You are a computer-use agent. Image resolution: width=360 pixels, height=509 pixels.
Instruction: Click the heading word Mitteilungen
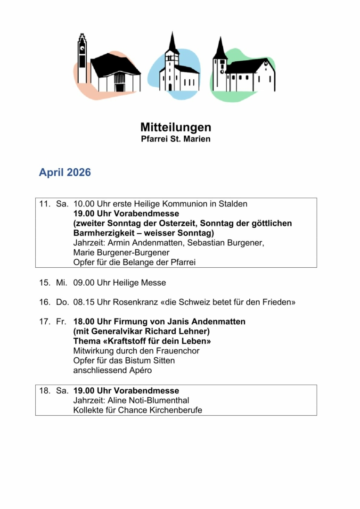[x=175, y=127]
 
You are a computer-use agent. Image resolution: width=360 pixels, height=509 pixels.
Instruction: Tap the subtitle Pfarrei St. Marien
[x=175, y=139]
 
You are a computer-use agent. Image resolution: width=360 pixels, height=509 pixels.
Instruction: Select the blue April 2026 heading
[x=65, y=172]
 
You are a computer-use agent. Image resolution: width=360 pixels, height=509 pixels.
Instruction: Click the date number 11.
[x=44, y=204]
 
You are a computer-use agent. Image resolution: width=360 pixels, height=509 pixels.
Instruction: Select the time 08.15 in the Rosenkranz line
[x=84, y=302]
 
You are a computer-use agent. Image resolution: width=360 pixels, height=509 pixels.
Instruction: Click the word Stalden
[x=233, y=204]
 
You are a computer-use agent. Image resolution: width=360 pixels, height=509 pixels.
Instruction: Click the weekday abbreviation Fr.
[x=61, y=322]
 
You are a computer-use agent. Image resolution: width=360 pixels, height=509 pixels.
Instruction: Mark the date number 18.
[x=44, y=391]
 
